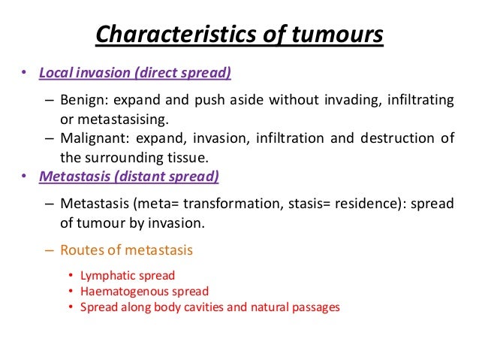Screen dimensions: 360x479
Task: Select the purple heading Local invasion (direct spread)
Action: click(134, 74)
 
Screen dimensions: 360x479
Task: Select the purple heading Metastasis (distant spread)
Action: click(128, 177)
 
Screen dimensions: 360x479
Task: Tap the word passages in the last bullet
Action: click(318, 306)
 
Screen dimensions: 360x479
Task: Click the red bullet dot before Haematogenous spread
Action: click(70, 292)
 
